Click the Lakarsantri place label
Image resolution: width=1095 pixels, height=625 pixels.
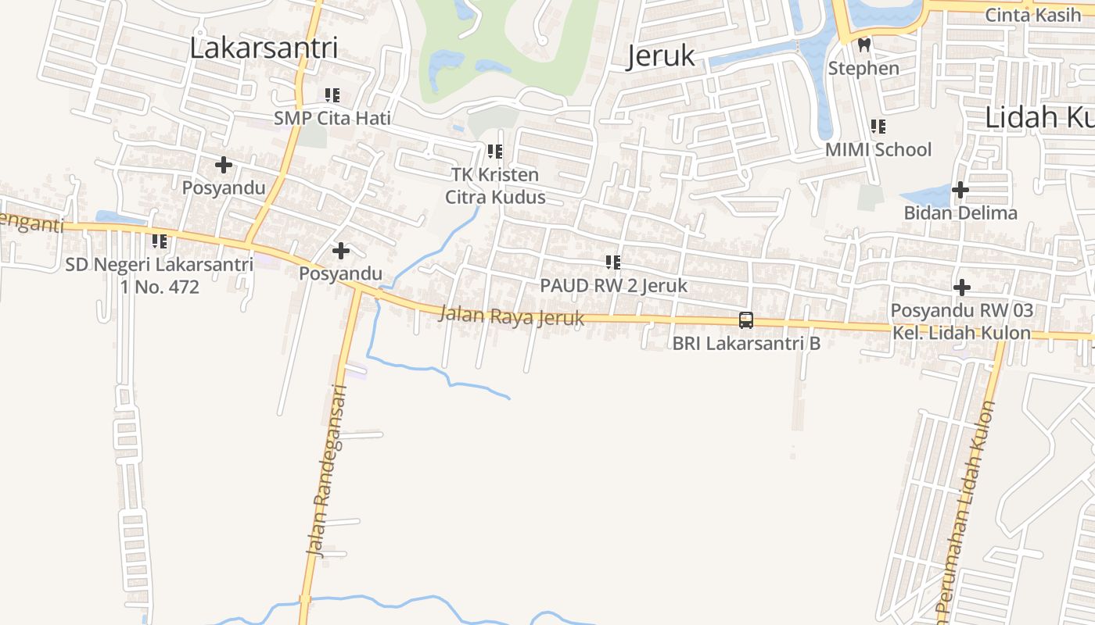click(264, 48)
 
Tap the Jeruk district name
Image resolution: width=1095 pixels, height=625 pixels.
click(660, 55)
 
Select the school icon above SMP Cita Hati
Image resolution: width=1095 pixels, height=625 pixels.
click(332, 95)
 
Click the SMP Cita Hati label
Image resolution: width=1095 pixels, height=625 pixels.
click(332, 118)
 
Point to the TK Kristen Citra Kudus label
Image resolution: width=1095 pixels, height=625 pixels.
click(495, 186)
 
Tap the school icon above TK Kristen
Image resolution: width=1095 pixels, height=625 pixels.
click(494, 151)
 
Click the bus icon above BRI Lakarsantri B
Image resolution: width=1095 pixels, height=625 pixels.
click(746, 320)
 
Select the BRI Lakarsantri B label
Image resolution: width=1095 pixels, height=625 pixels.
click(746, 343)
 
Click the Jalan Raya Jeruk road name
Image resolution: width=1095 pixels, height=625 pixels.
click(512, 316)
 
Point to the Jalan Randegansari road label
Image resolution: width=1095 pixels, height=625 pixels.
click(327, 470)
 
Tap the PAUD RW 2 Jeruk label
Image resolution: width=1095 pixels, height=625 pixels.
click(613, 286)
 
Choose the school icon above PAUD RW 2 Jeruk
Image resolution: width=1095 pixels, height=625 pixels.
click(613, 262)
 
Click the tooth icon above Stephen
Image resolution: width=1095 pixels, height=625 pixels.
click(864, 45)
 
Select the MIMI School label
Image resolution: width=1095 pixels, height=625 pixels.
click(878, 149)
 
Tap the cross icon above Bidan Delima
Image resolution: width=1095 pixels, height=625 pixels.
click(960, 190)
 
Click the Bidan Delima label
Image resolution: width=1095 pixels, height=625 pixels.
click(960, 212)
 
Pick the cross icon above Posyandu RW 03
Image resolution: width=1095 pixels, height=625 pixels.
click(961, 287)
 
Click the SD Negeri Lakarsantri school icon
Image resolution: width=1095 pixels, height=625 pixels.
click(160, 241)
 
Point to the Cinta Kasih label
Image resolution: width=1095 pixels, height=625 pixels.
click(1032, 14)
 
